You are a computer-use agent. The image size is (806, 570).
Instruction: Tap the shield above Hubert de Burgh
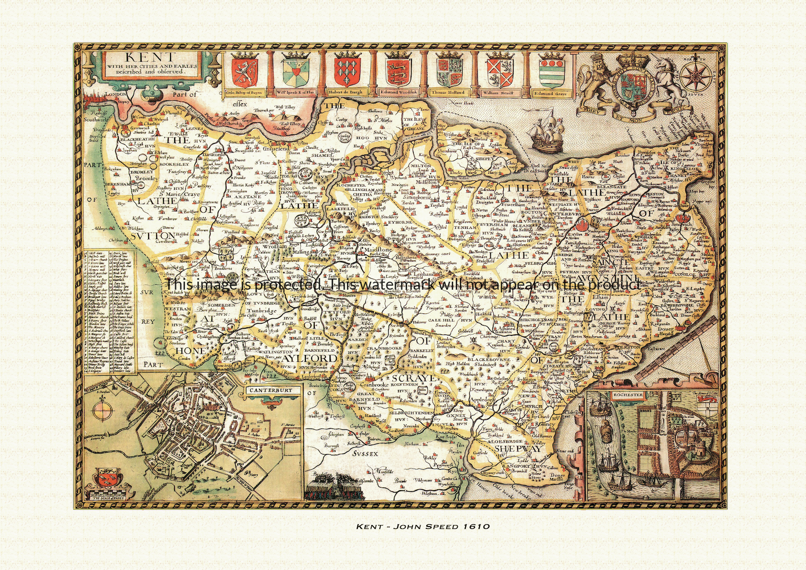tap(347, 72)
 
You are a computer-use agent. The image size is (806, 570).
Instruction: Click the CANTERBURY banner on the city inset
tap(271, 390)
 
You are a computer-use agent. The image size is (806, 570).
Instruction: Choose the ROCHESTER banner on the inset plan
tap(628, 395)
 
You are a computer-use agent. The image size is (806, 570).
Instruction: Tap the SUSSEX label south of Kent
tap(364, 454)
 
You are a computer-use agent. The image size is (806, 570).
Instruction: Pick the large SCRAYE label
tap(414, 378)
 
